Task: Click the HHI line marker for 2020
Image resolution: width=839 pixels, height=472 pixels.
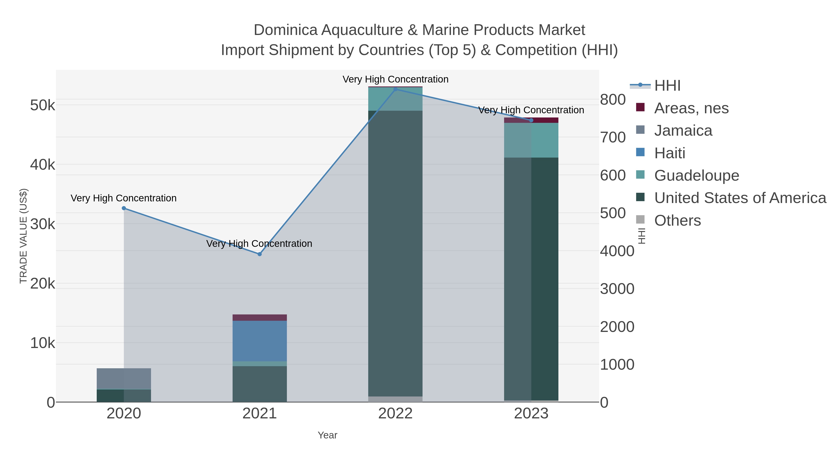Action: tap(124, 208)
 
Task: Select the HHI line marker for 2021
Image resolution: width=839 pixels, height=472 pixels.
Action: tap(260, 254)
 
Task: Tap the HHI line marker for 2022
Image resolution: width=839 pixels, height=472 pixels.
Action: tap(395, 89)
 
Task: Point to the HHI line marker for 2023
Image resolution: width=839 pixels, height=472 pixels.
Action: tap(531, 120)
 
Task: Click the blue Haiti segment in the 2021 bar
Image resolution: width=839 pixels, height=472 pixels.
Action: tap(260, 341)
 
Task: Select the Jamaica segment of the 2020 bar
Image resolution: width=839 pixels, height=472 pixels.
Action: tap(124, 379)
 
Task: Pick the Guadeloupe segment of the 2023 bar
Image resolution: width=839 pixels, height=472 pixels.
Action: tap(531, 140)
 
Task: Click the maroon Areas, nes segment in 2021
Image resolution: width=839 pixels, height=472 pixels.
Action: tap(260, 318)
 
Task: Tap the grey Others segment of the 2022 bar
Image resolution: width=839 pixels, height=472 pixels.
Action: tap(395, 399)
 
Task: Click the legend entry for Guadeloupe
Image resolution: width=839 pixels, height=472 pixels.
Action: tap(696, 176)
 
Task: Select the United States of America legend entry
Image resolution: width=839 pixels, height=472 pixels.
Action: tap(740, 198)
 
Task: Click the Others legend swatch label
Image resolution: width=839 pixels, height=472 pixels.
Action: tap(677, 220)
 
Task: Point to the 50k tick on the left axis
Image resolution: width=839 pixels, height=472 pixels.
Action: tap(42, 105)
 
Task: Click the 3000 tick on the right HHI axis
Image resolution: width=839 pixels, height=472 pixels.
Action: tap(617, 289)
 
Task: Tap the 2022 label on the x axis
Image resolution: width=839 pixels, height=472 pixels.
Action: tap(395, 413)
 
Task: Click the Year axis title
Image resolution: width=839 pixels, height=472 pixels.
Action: tap(327, 435)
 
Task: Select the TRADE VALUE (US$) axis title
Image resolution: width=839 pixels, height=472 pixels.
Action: tap(24, 236)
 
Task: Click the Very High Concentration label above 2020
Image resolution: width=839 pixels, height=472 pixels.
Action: tap(124, 198)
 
